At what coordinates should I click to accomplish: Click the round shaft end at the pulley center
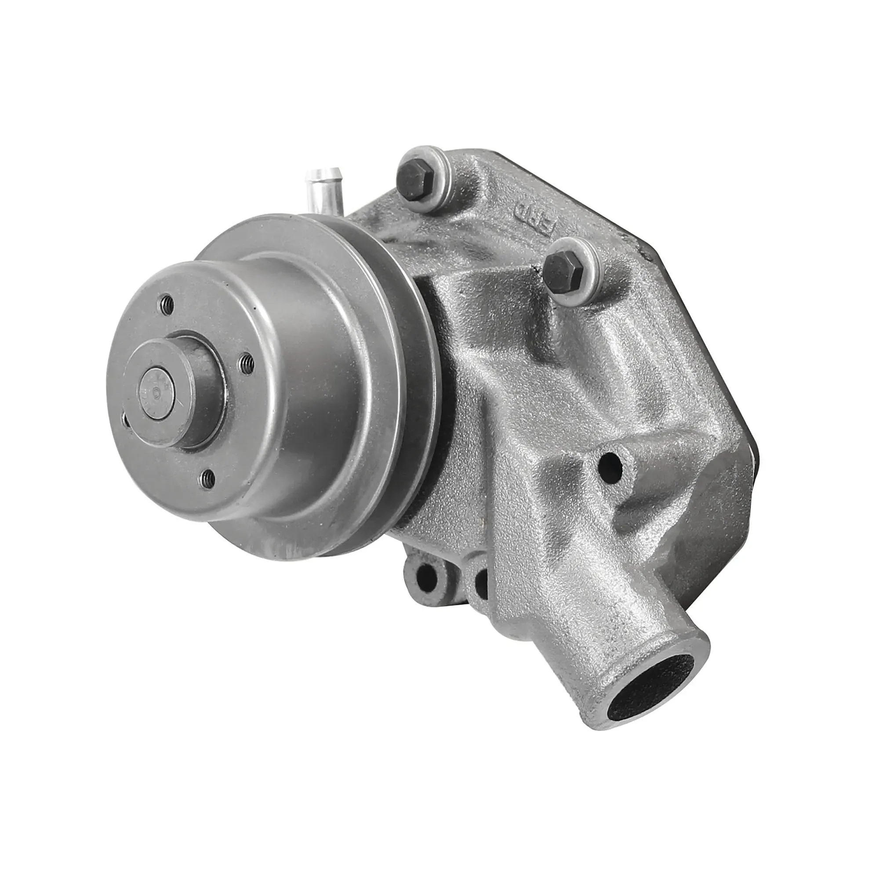tap(156, 386)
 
